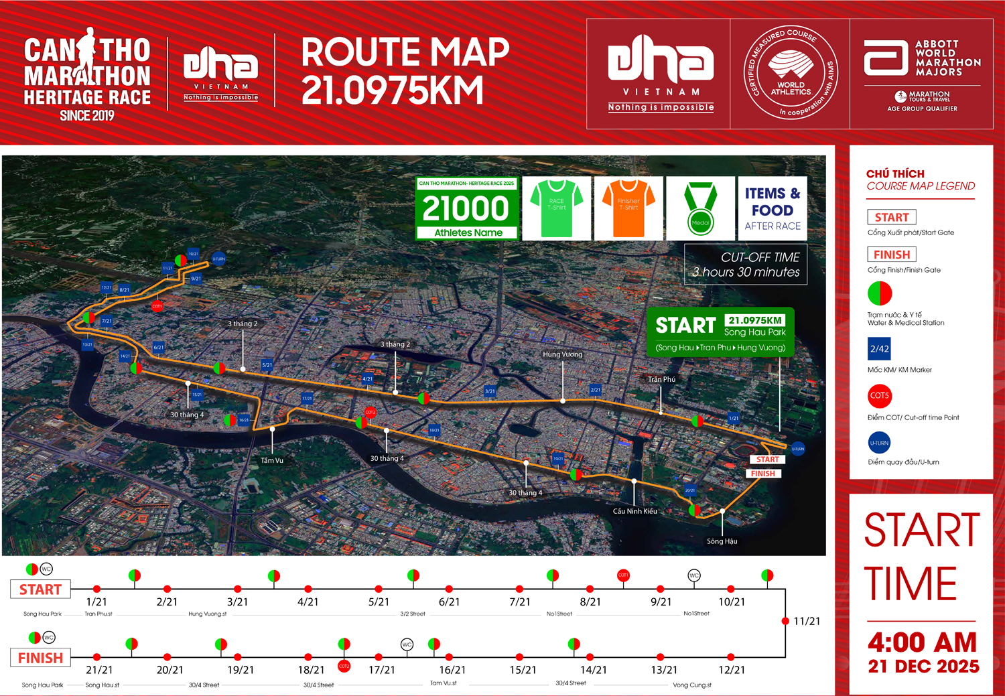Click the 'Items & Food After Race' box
[x=773, y=208]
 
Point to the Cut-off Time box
[x=746, y=265]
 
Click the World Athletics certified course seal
[x=791, y=73]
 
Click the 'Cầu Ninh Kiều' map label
[x=634, y=511]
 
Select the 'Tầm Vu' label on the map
[x=272, y=460]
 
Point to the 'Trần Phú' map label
[x=661, y=379]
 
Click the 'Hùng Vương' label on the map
[x=562, y=354]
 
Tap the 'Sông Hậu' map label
[x=722, y=541]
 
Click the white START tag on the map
[x=767, y=460]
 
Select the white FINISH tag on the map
[x=762, y=474]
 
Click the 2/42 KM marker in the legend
[x=879, y=349]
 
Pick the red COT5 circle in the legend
[x=879, y=395]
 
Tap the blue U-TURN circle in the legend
[x=879, y=443]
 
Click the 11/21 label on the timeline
[x=806, y=621]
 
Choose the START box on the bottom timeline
[x=40, y=589]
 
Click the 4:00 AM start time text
[x=922, y=642]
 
